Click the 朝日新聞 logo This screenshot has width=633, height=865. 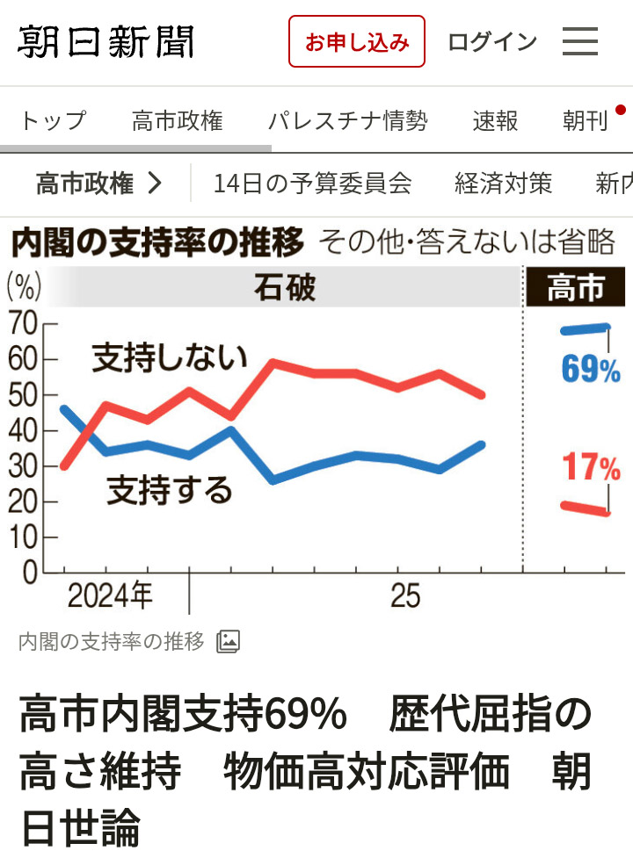click(x=105, y=41)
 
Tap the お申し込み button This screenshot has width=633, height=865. click(x=357, y=41)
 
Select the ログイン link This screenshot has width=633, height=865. click(x=492, y=41)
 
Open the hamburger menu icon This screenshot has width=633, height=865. click(x=580, y=41)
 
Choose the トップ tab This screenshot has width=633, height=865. click(x=53, y=120)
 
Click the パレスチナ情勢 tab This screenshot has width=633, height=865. click(x=347, y=120)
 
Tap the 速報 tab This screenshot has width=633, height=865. click(x=495, y=120)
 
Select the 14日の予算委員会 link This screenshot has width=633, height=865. click(x=312, y=184)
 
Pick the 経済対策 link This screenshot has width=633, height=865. click(x=503, y=184)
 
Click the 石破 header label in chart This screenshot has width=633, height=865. click(x=284, y=288)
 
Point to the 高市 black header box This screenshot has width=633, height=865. click(x=576, y=288)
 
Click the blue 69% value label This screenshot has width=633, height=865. click(x=591, y=370)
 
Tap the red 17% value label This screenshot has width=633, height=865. click(x=591, y=468)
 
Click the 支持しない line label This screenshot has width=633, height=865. click(x=170, y=357)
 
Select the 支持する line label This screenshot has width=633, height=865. click(x=170, y=490)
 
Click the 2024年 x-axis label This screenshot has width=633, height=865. click(x=110, y=597)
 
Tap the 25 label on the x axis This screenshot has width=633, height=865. click(x=405, y=597)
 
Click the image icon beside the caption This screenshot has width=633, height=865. click(x=228, y=642)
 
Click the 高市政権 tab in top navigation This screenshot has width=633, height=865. click(x=177, y=120)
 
